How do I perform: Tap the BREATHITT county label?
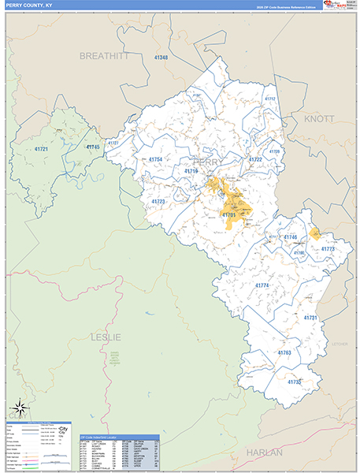click(x=104, y=56)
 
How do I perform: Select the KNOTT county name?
click(x=318, y=118)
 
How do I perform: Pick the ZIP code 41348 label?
click(x=161, y=58)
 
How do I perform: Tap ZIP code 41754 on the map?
click(x=154, y=160)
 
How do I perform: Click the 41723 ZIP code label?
click(x=158, y=202)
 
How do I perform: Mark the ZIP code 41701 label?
click(x=228, y=214)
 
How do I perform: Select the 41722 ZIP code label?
click(x=255, y=159)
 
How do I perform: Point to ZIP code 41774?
click(x=262, y=285)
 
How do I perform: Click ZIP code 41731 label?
click(x=310, y=318)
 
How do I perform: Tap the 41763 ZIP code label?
click(x=284, y=352)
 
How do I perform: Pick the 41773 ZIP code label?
click(x=328, y=249)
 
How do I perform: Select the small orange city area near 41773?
click(x=315, y=233)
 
